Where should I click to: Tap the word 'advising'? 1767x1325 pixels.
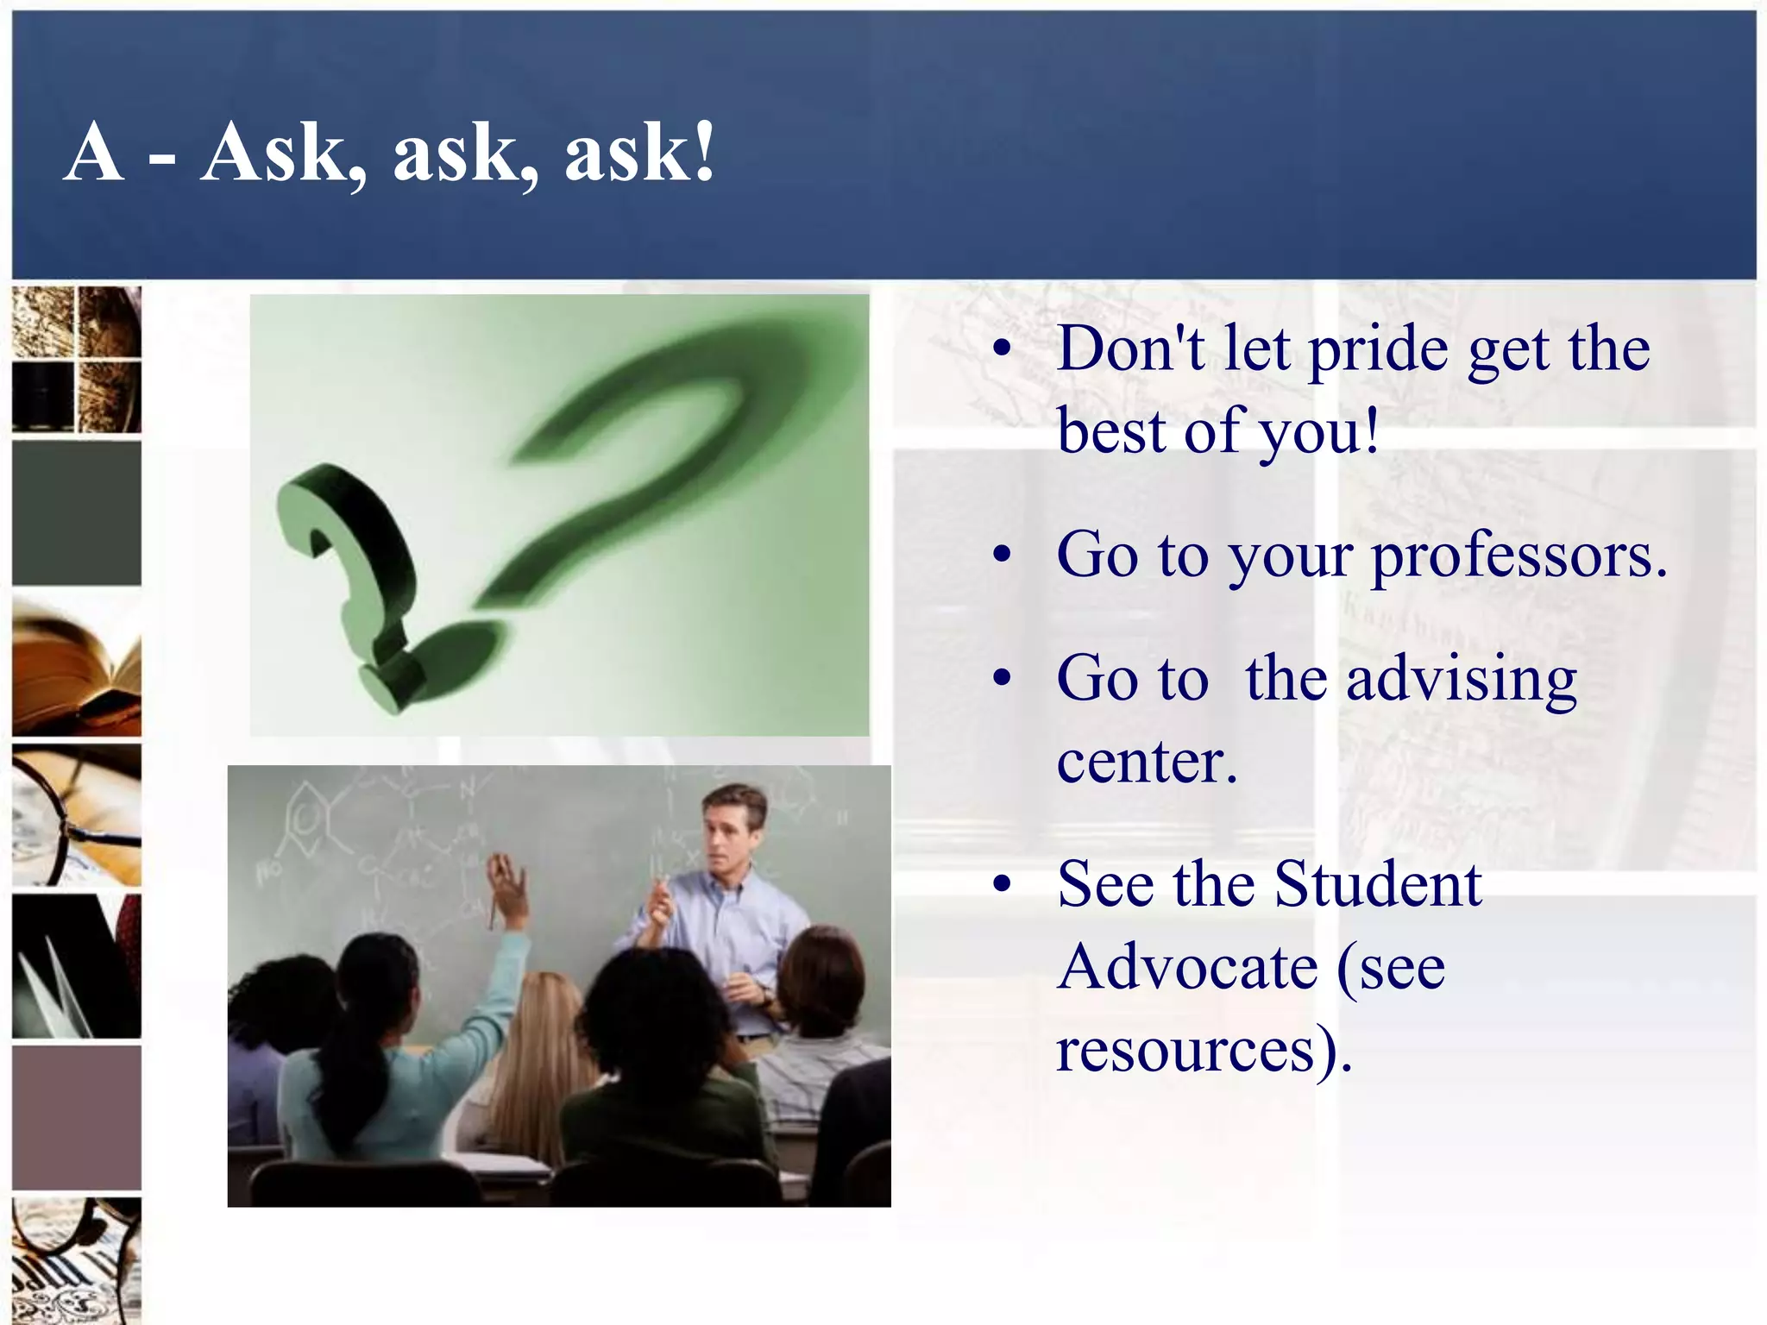pos(1462,680)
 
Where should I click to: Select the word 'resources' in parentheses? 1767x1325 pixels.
pos(1185,1051)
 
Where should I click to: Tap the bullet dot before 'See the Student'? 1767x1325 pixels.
pos(1001,885)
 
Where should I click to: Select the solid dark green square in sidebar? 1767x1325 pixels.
pos(77,513)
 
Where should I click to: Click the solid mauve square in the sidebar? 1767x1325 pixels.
pos(77,1117)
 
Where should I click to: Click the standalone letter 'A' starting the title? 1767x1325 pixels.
pos(93,154)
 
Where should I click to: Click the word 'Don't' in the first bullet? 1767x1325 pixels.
pos(1130,350)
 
